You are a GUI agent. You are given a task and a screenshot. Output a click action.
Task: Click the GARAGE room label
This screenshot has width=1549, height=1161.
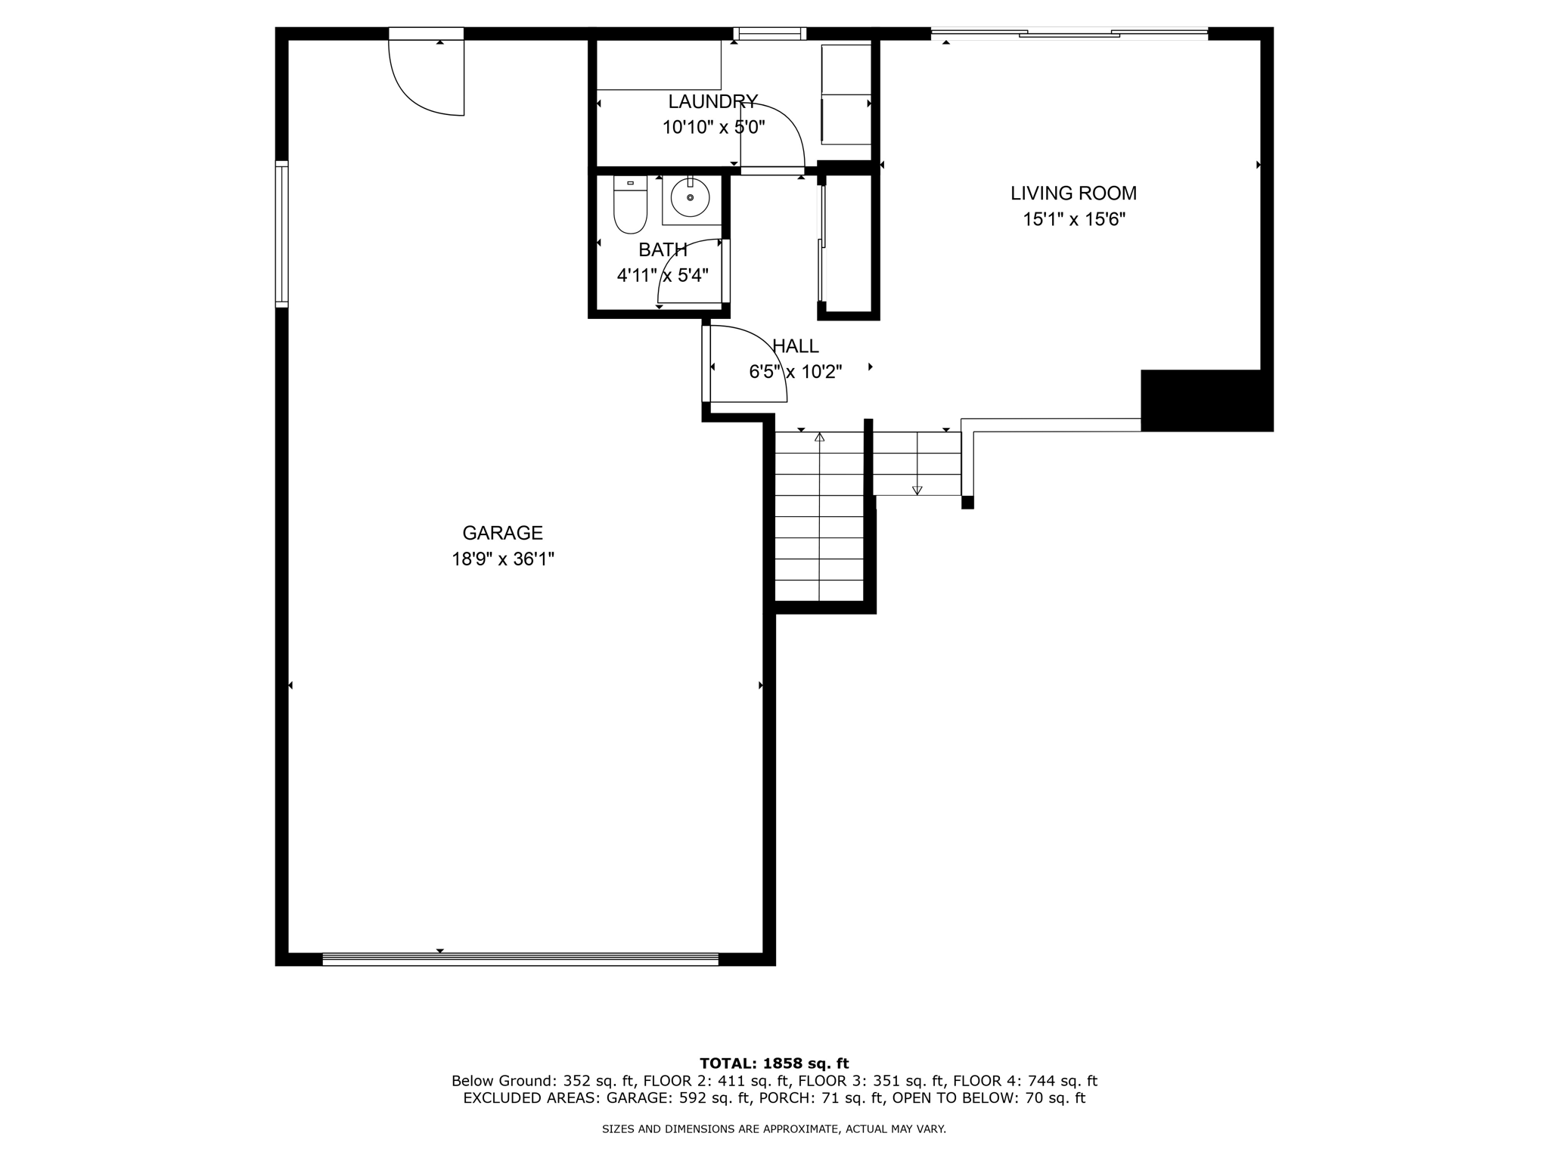click(x=502, y=533)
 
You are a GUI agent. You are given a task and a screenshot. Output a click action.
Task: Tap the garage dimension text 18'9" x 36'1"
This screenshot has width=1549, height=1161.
click(x=503, y=559)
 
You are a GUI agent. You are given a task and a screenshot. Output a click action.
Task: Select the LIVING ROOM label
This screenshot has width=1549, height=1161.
click(x=1073, y=193)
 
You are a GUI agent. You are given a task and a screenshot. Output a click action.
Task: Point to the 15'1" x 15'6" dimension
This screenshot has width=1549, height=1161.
click(x=1074, y=220)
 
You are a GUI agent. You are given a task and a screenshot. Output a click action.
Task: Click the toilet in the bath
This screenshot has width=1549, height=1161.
click(x=630, y=206)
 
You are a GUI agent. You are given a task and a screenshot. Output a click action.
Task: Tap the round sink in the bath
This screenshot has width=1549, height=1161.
click(x=690, y=198)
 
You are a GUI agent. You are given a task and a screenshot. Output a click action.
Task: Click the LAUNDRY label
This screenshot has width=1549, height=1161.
click(x=712, y=101)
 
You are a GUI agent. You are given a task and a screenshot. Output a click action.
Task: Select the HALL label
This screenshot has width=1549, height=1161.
click(x=795, y=346)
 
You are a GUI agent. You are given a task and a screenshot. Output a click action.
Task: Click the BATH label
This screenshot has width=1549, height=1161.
click(x=663, y=249)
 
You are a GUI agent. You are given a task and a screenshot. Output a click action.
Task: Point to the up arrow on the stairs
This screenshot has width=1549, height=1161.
click(x=819, y=437)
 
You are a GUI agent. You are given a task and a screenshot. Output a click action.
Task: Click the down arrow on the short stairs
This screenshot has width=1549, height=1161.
click(x=917, y=490)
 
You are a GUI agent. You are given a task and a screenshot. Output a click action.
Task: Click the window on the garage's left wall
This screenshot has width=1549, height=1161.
click(x=281, y=234)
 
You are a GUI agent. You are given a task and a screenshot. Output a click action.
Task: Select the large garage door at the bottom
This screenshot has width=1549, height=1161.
click(x=520, y=959)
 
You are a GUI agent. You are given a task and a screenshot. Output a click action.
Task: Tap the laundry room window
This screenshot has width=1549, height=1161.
click(x=770, y=33)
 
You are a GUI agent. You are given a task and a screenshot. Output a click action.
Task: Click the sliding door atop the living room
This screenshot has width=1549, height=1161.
click(x=1069, y=33)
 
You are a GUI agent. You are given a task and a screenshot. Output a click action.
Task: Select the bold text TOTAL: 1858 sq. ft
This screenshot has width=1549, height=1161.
click(x=774, y=1063)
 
